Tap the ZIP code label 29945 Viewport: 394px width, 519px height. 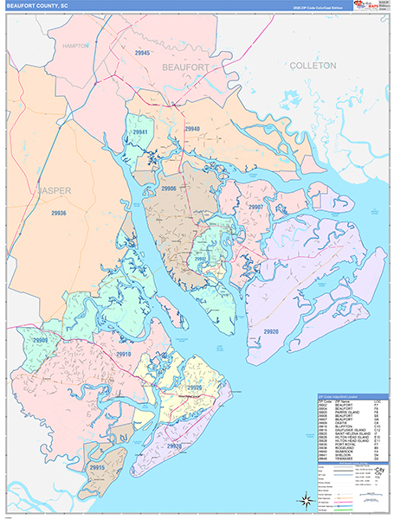click(143, 54)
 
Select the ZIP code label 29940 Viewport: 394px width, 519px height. click(192, 129)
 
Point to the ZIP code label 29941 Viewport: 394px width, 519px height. click(140, 132)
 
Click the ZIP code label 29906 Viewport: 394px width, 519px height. click(169, 189)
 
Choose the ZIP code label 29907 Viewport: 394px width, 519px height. click(255, 208)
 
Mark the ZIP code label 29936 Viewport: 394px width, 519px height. click(58, 212)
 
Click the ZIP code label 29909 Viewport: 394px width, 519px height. click(40, 341)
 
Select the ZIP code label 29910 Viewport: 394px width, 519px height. click(124, 355)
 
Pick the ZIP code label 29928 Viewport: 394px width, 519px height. click(174, 422)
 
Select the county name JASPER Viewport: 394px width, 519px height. click(55, 189)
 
